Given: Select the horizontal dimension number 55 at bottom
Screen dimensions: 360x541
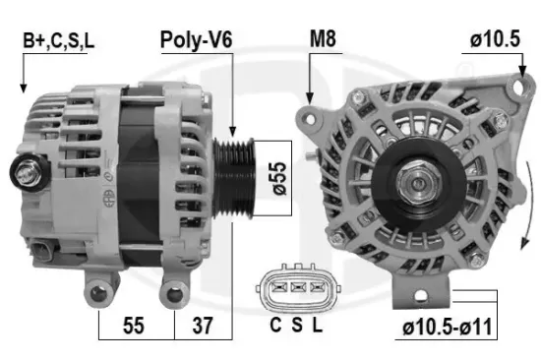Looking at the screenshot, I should click(x=135, y=326).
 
